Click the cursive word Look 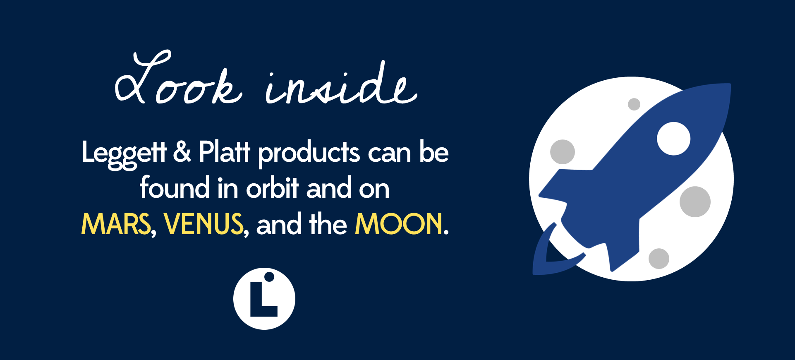click(178, 79)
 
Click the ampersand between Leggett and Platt click(182, 151)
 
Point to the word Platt click(225, 151)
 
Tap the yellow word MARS click(116, 224)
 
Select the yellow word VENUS click(204, 224)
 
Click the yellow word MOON click(399, 224)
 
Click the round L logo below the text click(264, 299)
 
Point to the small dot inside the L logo click(269, 276)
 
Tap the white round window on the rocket click(674, 139)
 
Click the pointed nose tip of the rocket click(730, 84)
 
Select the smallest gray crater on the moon click(634, 104)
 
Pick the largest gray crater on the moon click(695, 202)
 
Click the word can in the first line click(390, 154)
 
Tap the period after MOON click(446, 233)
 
